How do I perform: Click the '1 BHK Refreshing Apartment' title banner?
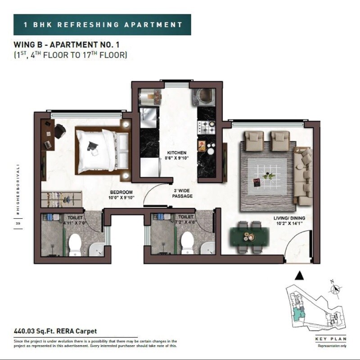pyautogui.click(x=102, y=24)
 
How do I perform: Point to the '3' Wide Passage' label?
pyautogui.click(x=183, y=193)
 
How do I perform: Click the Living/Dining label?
pyautogui.click(x=288, y=220)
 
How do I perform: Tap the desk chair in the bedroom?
pyautogui.click(x=60, y=131)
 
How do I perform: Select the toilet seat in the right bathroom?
pyautogui.click(x=187, y=243)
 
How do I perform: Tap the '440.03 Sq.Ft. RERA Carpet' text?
pyautogui.click(x=55, y=331)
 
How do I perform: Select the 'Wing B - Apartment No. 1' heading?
pyautogui.click(x=66, y=45)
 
